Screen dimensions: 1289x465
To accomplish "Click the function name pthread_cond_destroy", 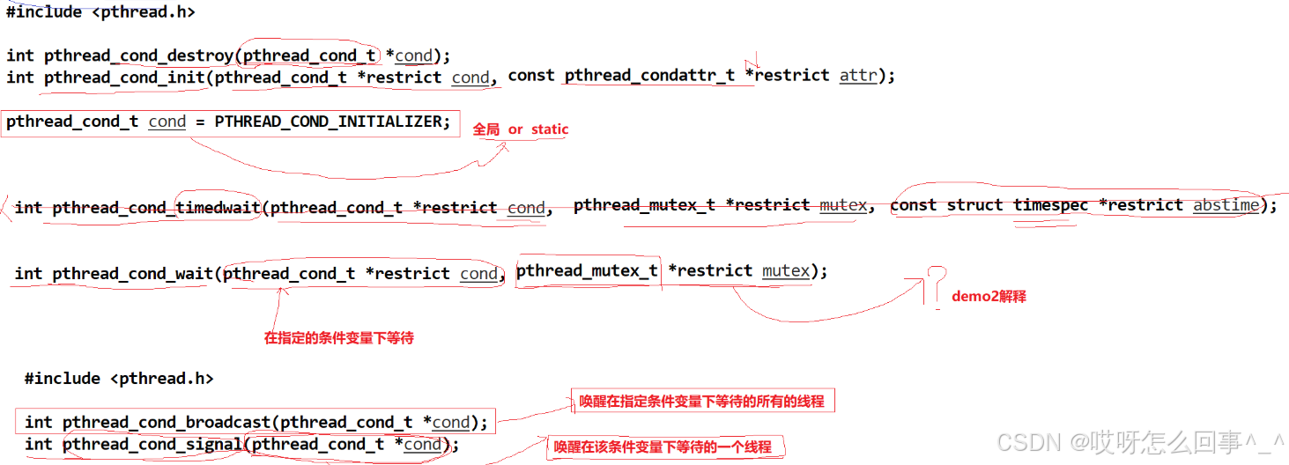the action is (x=139, y=55).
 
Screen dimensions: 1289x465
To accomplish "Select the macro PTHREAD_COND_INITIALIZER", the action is (x=332, y=122).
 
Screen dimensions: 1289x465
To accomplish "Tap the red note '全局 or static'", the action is (x=521, y=129).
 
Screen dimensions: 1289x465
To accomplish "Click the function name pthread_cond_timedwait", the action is (x=156, y=208).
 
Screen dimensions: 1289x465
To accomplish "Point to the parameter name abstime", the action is (x=1226, y=205).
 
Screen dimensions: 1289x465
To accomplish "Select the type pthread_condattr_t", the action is (x=649, y=76).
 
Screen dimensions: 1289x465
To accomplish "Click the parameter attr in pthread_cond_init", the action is (x=858, y=76).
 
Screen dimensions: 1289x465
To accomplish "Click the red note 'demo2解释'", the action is (x=989, y=297).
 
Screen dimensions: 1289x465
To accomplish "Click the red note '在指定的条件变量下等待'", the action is (x=339, y=338).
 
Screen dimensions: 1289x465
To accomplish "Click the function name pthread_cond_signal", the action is (x=152, y=444).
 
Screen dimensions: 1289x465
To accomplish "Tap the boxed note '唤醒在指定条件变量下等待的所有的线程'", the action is (x=701, y=402).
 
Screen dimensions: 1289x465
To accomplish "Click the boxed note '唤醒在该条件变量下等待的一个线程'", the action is (x=663, y=447).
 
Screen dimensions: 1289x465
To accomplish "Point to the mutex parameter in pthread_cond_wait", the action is (x=786, y=271).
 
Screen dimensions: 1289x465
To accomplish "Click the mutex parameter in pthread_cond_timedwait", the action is (x=843, y=205).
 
